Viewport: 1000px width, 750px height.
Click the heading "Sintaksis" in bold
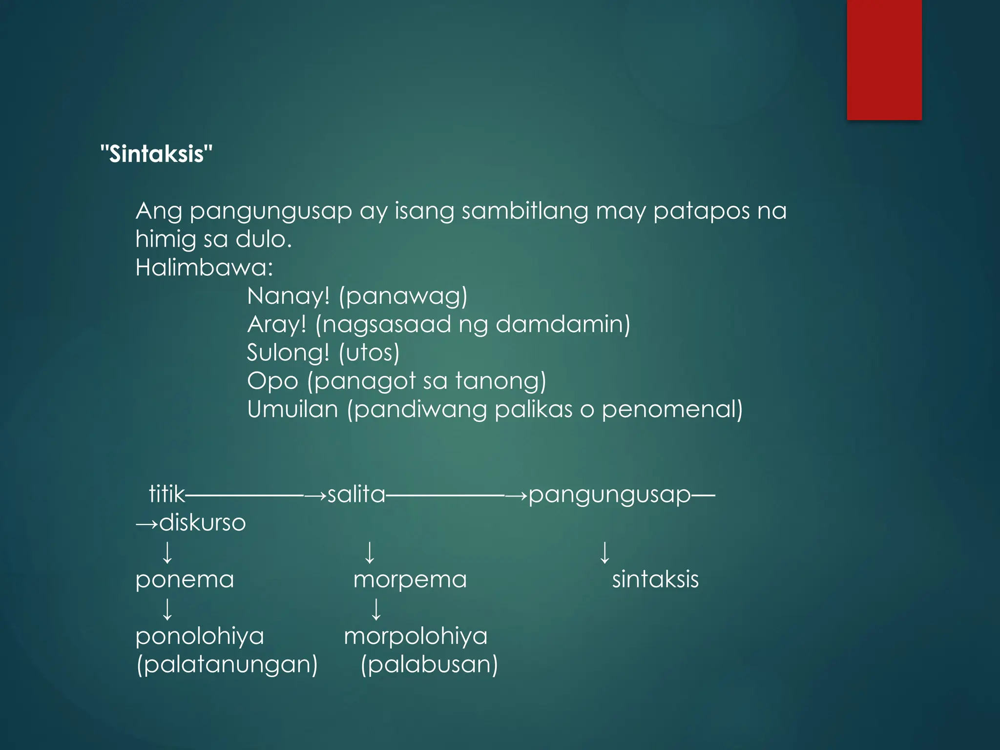coord(156,154)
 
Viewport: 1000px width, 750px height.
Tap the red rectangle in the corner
coord(884,60)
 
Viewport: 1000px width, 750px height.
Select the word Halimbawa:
coord(204,268)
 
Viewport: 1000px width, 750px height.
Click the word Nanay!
coord(289,296)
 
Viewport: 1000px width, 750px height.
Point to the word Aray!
coord(277,324)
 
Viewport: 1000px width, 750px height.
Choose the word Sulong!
coord(289,353)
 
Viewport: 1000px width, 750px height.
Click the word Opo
coord(272,381)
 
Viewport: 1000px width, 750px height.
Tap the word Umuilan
coord(292,409)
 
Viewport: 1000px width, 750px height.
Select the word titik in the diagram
coord(167,494)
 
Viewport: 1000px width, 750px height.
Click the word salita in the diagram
coord(356,494)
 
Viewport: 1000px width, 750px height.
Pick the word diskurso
coord(202,522)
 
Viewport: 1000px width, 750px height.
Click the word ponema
coord(185,580)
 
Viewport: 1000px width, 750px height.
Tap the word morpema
coord(410,580)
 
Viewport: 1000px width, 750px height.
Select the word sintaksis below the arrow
coord(655,580)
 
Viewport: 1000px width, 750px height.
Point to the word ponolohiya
coord(200,636)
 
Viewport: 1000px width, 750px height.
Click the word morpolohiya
coord(416,636)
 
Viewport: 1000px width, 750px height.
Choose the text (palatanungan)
coord(227,665)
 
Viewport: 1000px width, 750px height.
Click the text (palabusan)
coord(429,665)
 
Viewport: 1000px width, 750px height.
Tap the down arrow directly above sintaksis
coord(604,552)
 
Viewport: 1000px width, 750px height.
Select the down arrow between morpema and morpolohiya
coord(376,609)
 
